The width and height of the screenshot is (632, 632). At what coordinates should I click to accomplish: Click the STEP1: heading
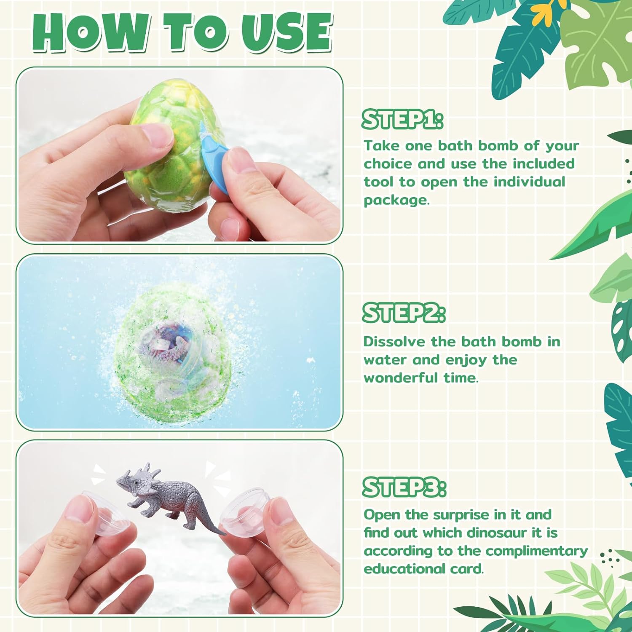pos(402,119)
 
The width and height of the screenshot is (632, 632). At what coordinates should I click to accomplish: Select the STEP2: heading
pos(403,313)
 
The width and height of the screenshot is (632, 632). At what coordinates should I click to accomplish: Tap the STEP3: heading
pos(404,487)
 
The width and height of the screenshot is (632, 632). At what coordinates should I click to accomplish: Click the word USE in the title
pos(287,33)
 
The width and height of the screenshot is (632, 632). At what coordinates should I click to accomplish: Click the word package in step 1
pos(395,200)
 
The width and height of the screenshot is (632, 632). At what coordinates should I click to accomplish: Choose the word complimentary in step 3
pos(536,551)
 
